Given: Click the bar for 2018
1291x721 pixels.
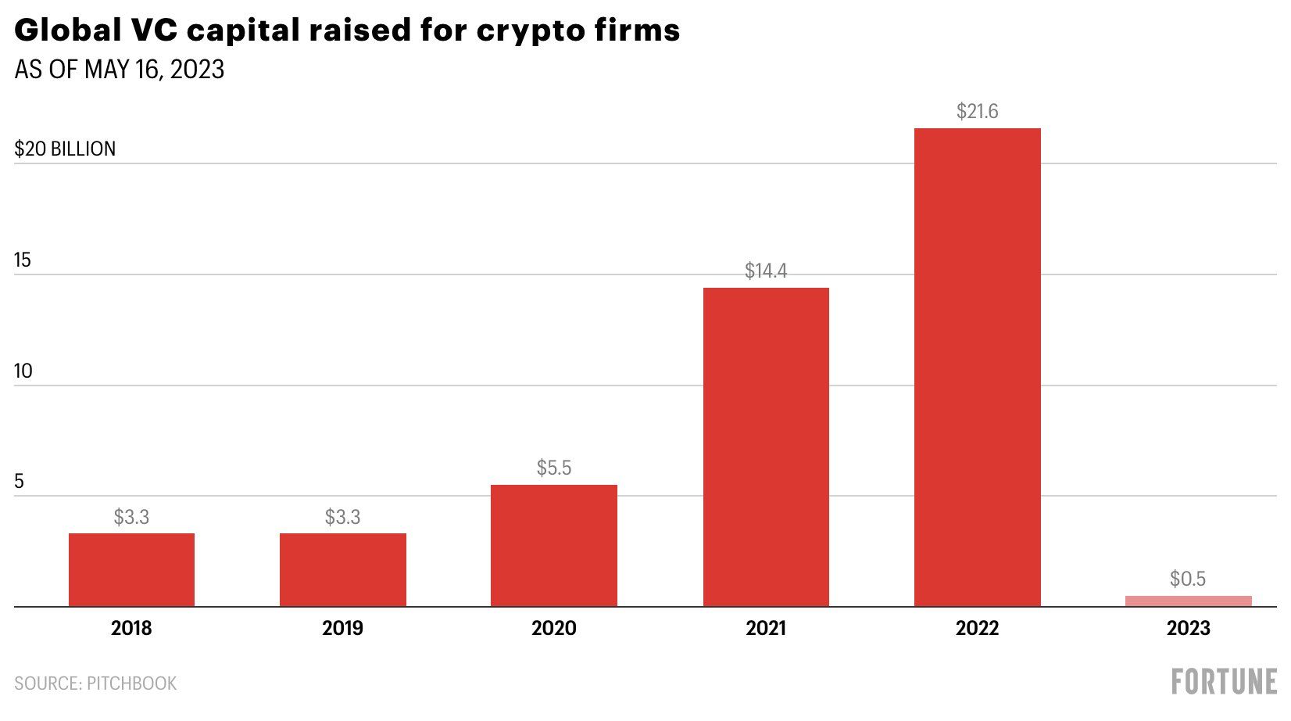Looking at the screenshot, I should pos(131,569).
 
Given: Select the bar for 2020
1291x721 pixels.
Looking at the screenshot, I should pos(554,545).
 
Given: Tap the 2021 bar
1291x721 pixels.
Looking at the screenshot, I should pos(766,447).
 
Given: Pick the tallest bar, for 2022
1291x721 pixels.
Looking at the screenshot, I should pos(977,367).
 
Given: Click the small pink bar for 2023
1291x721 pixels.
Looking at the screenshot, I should pos(1188,601).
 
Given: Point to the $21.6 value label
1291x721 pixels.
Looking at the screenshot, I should pos(977,112).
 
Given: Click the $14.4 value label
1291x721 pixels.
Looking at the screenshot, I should pos(766,271).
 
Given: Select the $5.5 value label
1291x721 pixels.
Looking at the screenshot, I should pos(554,468).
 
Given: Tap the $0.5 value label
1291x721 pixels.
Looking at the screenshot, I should pos(1188,579).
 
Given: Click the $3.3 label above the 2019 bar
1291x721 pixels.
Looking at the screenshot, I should pos(342,517).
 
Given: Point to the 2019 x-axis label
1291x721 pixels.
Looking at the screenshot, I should pos(342,628).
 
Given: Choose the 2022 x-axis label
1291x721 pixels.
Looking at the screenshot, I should pos(977,628).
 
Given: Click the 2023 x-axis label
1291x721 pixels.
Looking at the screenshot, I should pos(1188,628).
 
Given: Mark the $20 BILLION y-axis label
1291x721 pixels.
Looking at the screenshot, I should pos(65,149).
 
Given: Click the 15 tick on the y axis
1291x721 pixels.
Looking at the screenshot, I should pos(23,260).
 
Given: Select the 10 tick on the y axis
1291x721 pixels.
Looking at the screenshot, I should pos(23,371).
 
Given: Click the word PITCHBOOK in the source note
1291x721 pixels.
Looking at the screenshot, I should pos(131,683).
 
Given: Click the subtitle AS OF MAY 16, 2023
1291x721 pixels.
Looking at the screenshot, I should pos(120,70).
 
